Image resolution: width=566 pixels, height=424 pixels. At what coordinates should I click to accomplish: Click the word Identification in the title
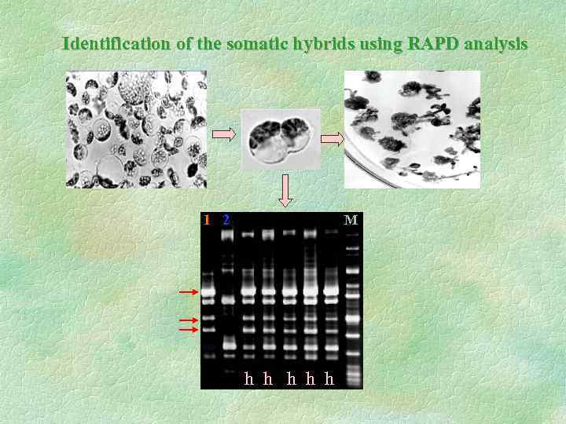116,44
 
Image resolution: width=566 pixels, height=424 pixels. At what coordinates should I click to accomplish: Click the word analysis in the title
496,44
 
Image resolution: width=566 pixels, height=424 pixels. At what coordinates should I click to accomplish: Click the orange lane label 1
207,220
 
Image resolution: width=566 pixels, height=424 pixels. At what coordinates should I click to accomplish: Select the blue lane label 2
226,220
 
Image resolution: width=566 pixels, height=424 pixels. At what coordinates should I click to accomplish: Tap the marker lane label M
351,220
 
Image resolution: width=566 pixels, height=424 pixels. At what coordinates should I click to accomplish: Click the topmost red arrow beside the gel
189,292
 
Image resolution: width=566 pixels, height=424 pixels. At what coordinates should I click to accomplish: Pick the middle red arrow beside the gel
189,320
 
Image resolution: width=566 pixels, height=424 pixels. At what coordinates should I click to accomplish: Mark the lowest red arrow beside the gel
189,331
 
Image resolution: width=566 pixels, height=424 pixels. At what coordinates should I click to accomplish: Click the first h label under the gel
249,379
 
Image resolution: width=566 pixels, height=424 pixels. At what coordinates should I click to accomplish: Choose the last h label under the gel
329,379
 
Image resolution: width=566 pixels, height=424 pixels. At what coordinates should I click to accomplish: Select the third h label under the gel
292,379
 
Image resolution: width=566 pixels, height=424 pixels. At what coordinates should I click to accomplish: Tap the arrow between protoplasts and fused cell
225,135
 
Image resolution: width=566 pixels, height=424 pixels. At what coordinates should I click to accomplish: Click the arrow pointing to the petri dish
333,140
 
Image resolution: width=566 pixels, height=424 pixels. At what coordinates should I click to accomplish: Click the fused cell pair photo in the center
281,140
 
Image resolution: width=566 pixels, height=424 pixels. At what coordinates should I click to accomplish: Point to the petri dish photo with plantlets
412,130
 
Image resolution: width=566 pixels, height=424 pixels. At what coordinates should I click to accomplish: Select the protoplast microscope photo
136,130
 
